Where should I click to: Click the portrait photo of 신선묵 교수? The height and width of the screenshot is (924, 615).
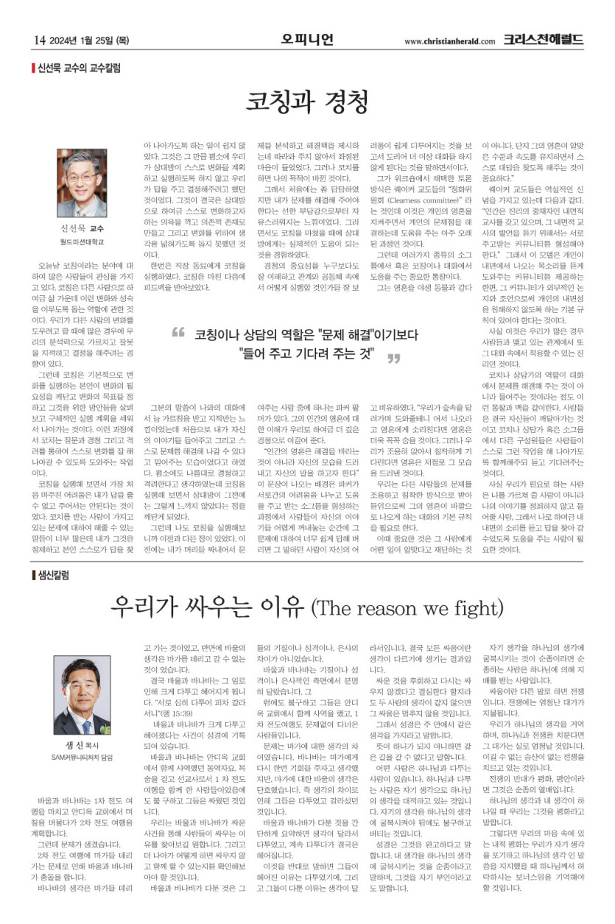pos(82,180)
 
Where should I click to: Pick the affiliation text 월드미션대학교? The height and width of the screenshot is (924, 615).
pos(82,241)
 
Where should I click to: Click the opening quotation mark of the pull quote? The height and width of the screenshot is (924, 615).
pos(178,333)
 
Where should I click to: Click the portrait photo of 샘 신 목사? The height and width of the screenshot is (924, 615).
pos(82,689)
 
